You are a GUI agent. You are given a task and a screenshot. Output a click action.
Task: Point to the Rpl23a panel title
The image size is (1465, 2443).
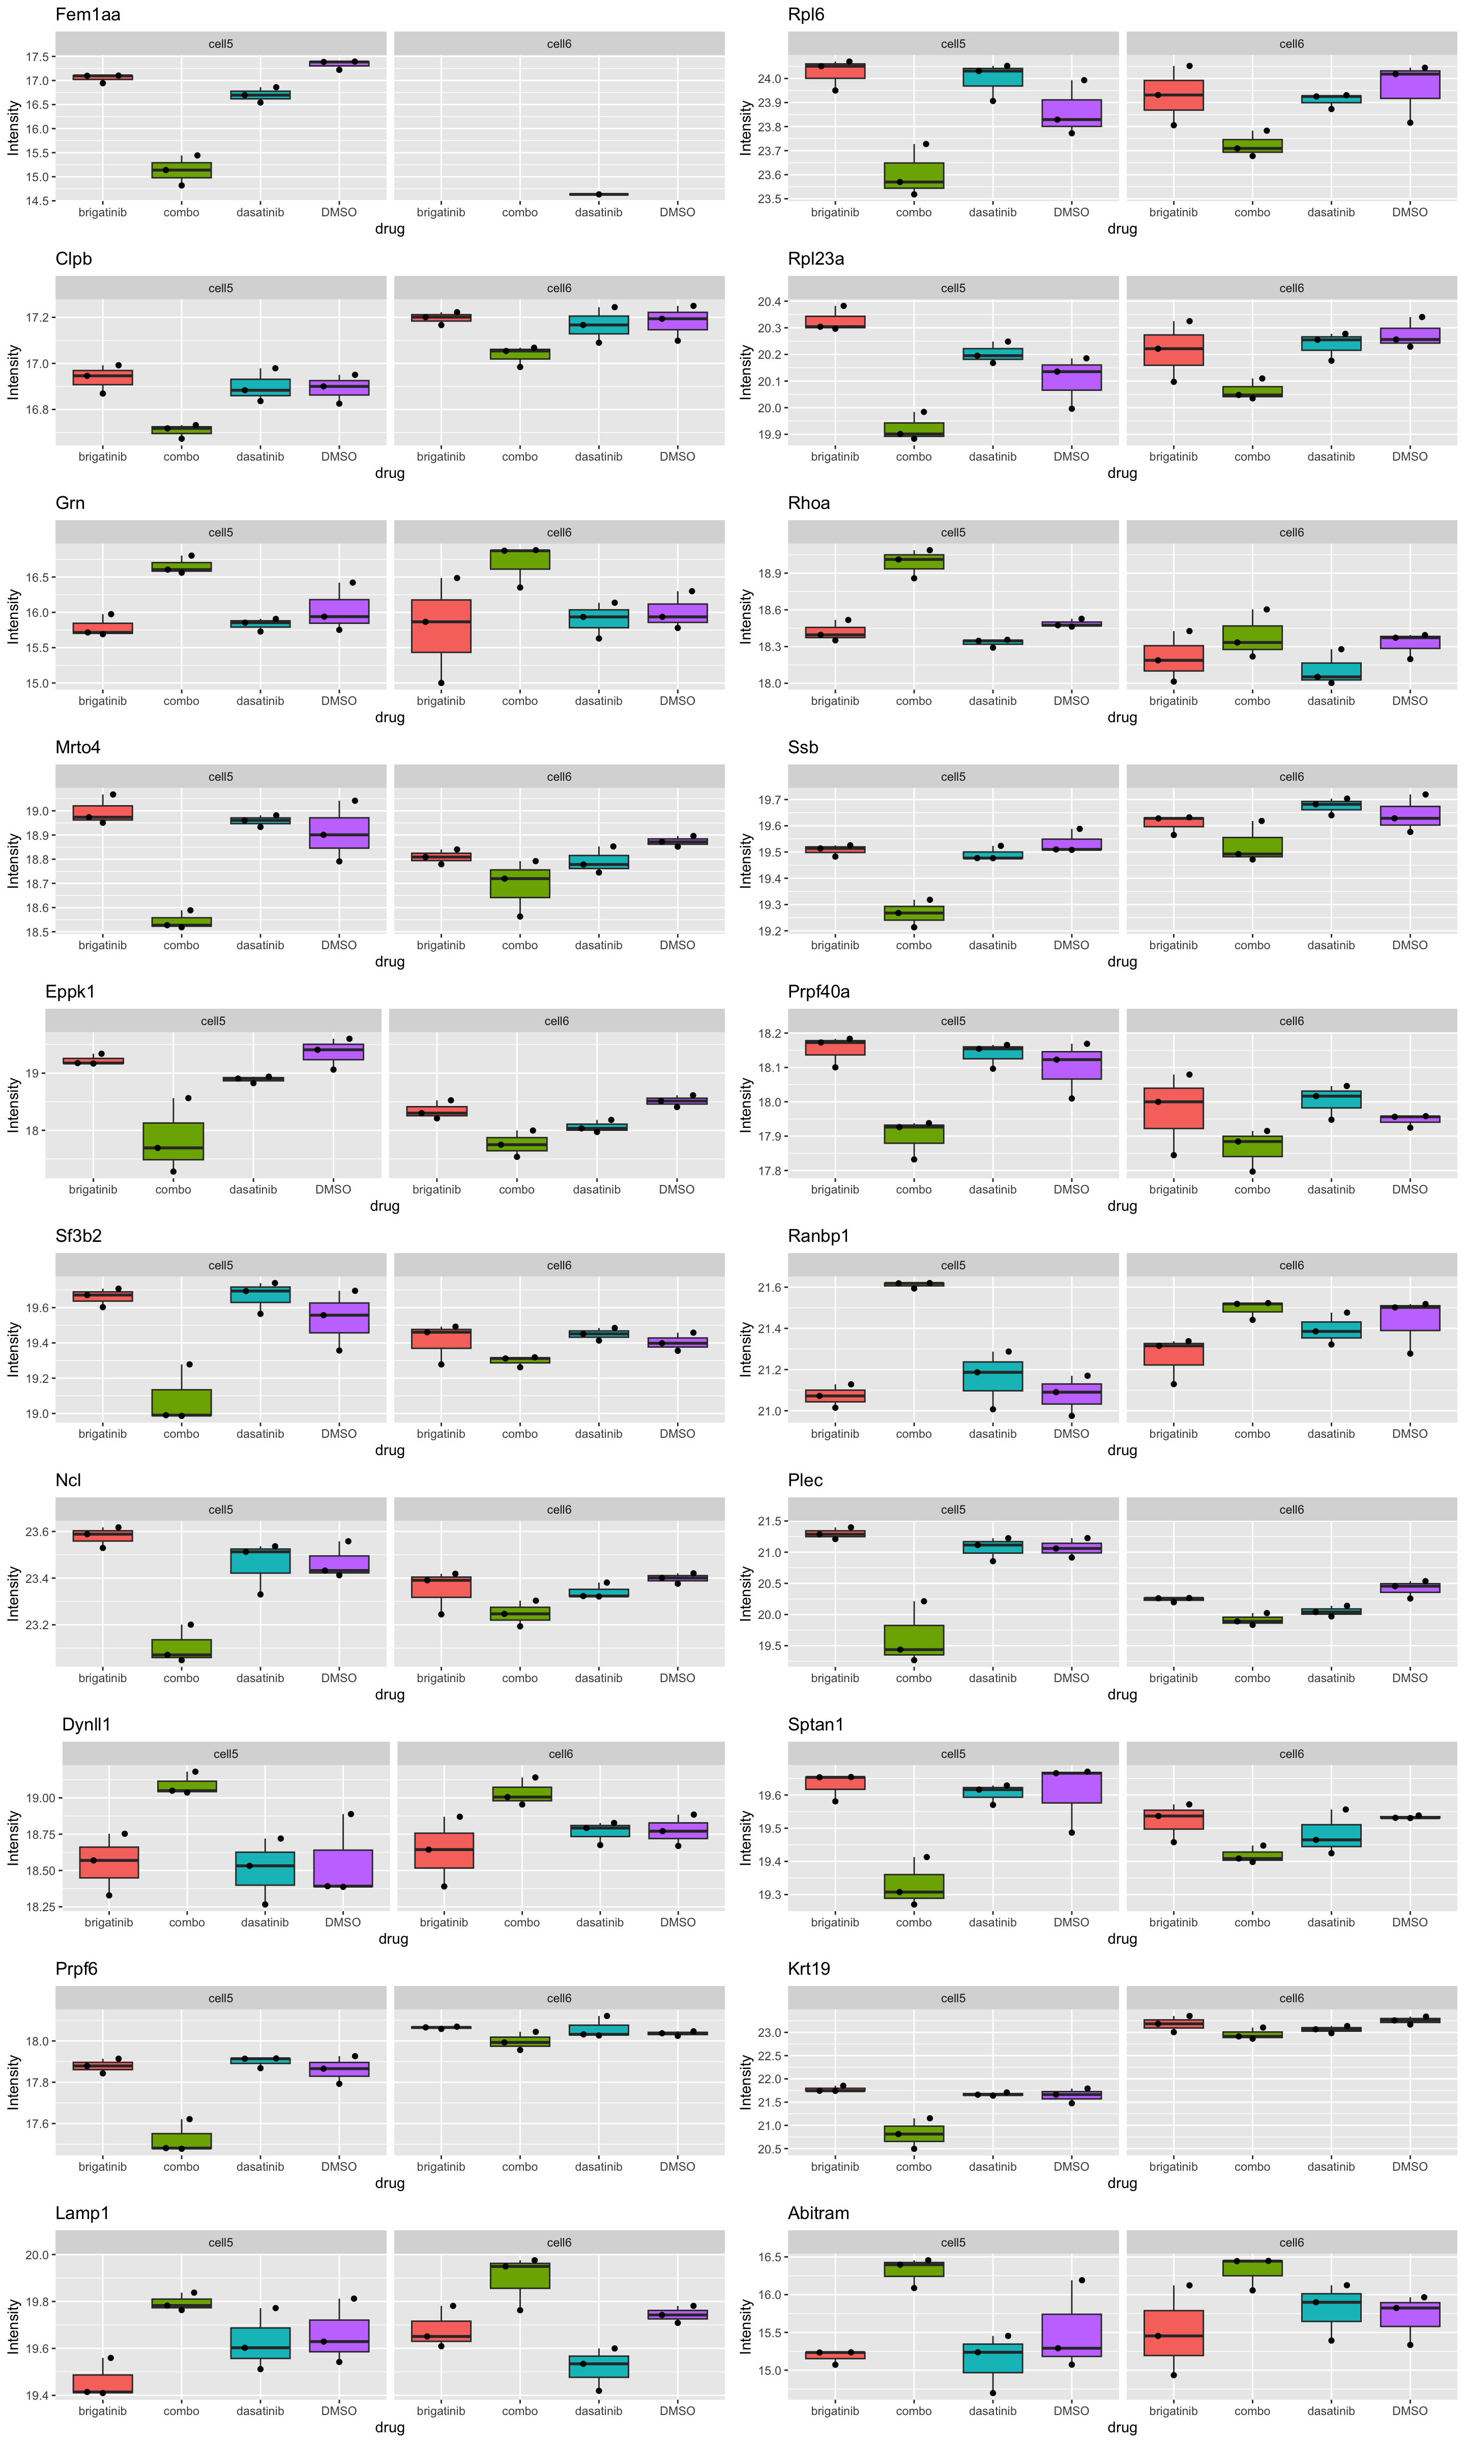coord(815,259)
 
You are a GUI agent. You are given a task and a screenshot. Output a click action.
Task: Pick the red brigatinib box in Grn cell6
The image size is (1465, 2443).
coord(441,626)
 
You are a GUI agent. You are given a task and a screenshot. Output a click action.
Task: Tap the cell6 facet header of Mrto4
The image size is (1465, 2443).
coord(559,777)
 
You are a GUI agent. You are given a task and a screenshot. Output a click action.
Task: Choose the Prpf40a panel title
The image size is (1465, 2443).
coord(818,991)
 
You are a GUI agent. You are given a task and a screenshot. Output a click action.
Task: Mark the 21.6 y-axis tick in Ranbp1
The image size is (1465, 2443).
coord(770,1288)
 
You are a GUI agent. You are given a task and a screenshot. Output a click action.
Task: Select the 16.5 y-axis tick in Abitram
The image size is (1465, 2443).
coord(770,2257)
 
